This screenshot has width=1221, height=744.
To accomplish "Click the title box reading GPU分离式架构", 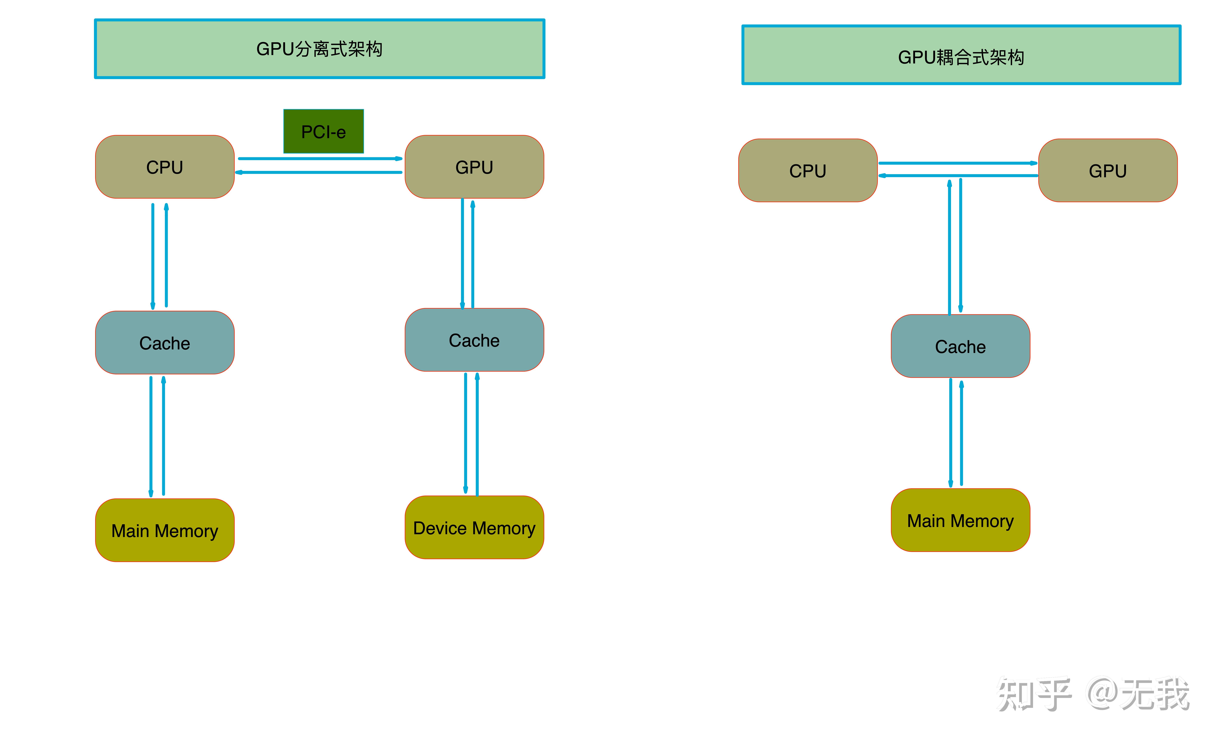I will (320, 49).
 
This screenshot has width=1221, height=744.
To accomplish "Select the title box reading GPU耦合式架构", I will (961, 55).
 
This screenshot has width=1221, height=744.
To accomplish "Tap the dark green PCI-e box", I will (324, 131).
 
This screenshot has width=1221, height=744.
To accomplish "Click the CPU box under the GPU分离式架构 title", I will (165, 167).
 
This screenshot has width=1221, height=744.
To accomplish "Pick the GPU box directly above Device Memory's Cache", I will (474, 167).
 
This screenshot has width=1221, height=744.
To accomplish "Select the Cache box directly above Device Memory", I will (474, 340).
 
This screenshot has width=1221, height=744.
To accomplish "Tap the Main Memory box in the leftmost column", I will (165, 530).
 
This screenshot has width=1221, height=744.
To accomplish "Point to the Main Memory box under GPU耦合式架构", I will (960, 521).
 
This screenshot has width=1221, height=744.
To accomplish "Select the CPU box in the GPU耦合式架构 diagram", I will (808, 170).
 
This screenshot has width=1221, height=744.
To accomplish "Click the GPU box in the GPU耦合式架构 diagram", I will (1108, 170).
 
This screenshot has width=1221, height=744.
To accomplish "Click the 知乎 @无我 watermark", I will (1093, 694).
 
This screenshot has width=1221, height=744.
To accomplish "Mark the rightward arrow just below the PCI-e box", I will (320, 159).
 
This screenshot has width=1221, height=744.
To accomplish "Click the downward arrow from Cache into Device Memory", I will (465, 434).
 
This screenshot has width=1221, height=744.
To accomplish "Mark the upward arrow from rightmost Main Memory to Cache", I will (961, 434).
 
